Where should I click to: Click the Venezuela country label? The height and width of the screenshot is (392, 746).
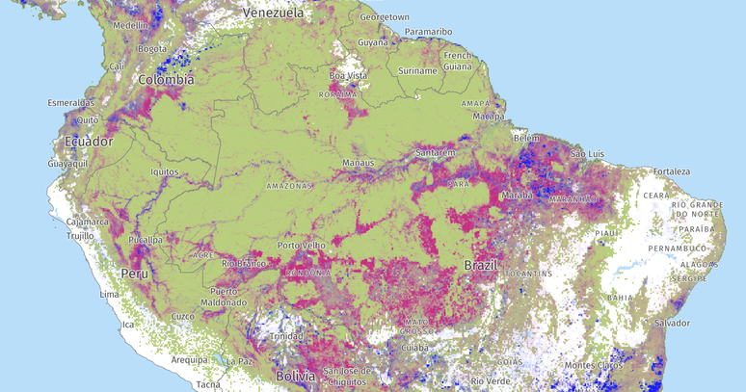274,13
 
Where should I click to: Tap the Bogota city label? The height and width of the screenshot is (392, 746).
152,48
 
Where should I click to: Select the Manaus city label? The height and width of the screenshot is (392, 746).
358,163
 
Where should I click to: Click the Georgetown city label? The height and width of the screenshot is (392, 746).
385,17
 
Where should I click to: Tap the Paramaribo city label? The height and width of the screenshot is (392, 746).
428,32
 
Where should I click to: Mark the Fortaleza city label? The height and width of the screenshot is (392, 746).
671,171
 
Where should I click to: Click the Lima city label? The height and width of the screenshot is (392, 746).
109,294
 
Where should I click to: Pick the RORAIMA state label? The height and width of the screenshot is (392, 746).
339,94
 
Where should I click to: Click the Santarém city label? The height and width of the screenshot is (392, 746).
436,152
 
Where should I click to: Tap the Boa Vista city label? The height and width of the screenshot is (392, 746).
349,75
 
